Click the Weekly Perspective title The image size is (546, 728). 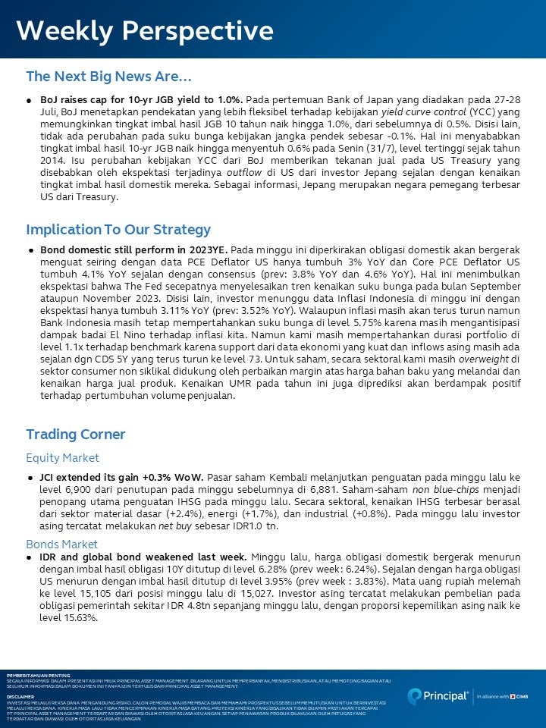(x=145, y=31)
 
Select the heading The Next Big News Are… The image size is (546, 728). (x=108, y=77)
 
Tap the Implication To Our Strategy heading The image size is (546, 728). (x=118, y=229)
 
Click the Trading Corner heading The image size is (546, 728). (x=76, y=435)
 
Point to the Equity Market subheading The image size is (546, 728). (x=62, y=458)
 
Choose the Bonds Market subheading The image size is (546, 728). (x=61, y=544)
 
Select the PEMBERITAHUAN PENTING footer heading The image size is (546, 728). (x=38, y=675)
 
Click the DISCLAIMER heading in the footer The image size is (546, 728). (x=20, y=695)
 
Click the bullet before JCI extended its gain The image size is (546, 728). (x=31, y=478)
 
